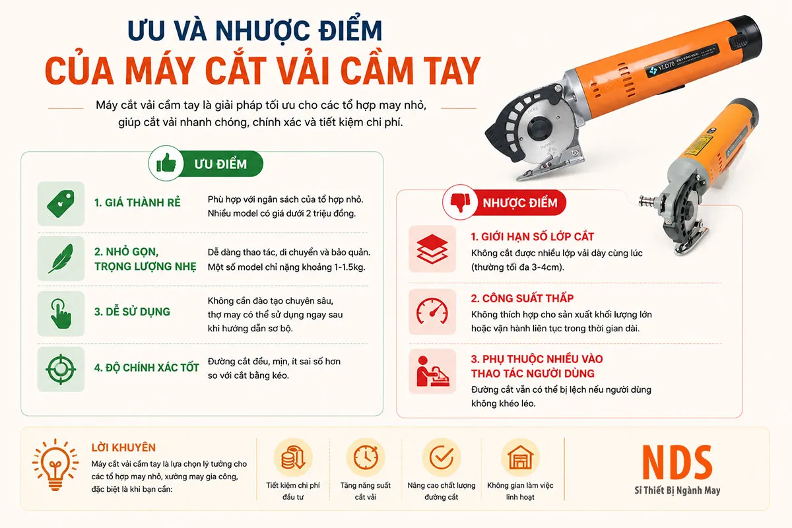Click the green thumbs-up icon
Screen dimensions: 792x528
(x=166, y=164)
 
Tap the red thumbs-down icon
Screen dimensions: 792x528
(x=460, y=202)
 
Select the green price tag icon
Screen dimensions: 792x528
(x=61, y=204)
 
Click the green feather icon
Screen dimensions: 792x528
(x=61, y=259)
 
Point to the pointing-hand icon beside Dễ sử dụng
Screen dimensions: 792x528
(x=61, y=313)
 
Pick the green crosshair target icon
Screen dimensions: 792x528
(x=61, y=369)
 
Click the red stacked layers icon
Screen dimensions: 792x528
(x=432, y=249)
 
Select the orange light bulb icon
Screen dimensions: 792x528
(x=55, y=465)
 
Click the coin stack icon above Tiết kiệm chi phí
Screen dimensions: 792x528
(x=293, y=457)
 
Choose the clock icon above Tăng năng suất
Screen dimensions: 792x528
(x=366, y=457)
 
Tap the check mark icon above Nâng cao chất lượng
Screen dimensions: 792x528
(x=442, y=457)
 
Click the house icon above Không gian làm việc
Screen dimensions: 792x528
(x=520, y=457)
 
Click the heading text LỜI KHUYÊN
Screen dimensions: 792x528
(x=123, y=447)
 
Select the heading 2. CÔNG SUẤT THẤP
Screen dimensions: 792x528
(x=522, y=298)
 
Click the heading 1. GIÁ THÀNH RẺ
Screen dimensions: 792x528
(x=137, y=202)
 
